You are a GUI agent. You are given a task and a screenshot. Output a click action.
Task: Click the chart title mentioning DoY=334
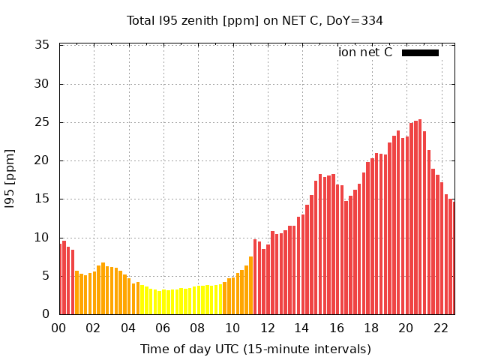point(255,20)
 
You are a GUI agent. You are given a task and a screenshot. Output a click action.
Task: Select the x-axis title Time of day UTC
point(255,349)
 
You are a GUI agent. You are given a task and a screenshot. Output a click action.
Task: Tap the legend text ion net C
point(365,52)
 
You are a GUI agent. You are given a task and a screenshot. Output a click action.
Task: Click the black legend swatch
point(420,52)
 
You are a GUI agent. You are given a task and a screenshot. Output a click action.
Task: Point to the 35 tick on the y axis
point(43,46)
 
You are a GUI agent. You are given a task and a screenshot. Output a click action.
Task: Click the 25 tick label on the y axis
point(43,122)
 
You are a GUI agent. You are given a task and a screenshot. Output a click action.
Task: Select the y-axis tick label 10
point(43,238)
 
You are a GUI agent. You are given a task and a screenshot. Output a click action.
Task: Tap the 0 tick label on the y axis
point(46,314)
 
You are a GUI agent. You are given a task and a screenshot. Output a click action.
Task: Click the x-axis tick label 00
point(59,328)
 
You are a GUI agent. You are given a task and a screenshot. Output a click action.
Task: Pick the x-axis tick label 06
point(163,328)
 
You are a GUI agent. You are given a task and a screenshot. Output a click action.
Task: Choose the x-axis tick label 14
point(302,328)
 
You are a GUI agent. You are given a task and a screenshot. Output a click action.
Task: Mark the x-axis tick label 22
point(441,328)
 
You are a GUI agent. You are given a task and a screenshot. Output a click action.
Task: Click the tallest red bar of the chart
point(420,217)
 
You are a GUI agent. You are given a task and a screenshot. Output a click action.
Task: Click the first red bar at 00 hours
point(61,279)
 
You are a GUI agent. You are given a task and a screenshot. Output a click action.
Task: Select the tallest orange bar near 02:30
point(103,289)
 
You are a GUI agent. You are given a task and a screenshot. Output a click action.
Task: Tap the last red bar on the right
point(453,257)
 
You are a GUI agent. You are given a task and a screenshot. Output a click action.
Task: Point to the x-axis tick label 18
point(371,328)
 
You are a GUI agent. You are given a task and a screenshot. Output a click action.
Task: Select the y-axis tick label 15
point(43,199)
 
